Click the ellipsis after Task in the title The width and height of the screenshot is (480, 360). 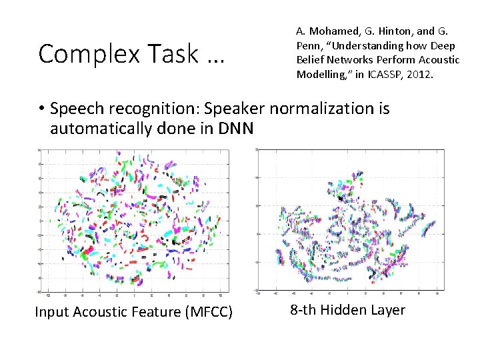click(215, 59)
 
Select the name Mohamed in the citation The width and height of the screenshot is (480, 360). click(333, 31)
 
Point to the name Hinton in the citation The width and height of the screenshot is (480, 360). click(391, 31)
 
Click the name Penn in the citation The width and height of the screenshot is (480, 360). click(309, 45)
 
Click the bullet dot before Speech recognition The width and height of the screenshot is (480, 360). click(41, 109)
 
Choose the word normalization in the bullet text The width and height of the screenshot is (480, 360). click(321, 108)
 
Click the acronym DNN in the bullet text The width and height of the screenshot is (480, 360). click(235, 129)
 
